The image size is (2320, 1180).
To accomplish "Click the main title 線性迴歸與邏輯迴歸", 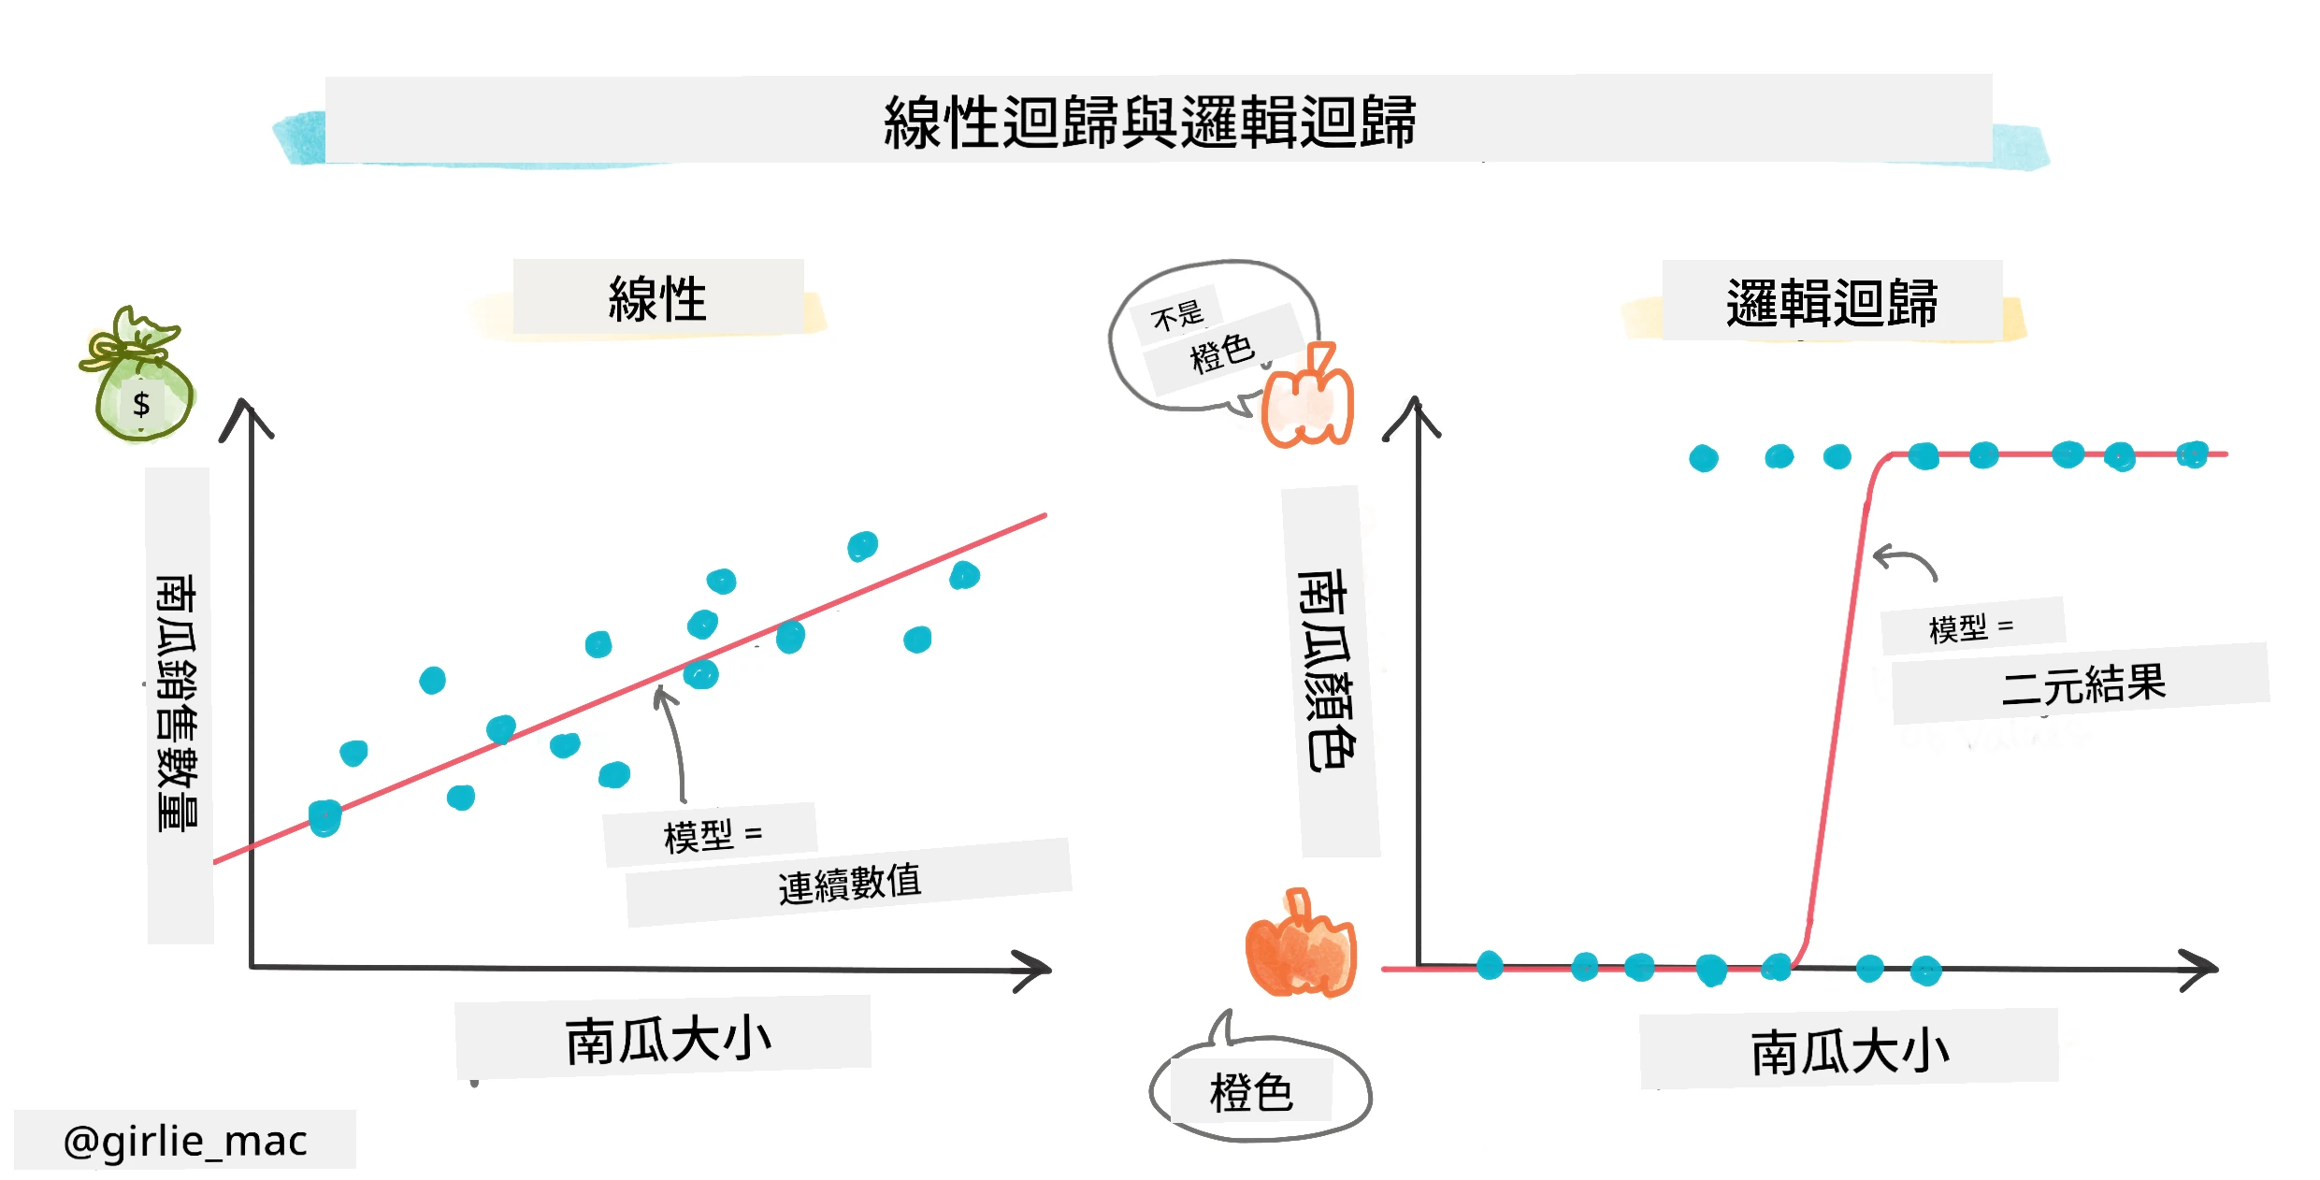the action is coord(1149,122).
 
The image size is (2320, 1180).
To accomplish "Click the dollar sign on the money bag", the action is coord(141,404).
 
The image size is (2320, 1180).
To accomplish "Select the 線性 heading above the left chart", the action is coord(657,299).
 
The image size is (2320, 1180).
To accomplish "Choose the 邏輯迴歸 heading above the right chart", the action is coord(1832,303).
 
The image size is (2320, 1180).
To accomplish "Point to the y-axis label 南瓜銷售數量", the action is coord(178,703).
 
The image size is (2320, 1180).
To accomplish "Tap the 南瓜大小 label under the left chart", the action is coord(668,1040).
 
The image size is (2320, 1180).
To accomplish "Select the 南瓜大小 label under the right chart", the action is coord(1850,1051).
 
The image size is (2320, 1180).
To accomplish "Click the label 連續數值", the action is coord(849,884).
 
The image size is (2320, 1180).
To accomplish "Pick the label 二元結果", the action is coord(2083,684).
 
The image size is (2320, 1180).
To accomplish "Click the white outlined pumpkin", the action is coord(1307,396).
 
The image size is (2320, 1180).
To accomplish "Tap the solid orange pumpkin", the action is coord(1300,944).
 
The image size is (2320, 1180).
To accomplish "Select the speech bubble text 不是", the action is coord(1177,315).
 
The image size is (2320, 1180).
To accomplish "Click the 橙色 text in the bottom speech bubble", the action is coord(1251,1093).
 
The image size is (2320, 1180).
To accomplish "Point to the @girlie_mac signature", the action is coord(185,1141).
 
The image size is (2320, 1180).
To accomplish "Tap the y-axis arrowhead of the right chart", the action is coord(1414,417).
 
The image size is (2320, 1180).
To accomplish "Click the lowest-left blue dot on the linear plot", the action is coord(324,818).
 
